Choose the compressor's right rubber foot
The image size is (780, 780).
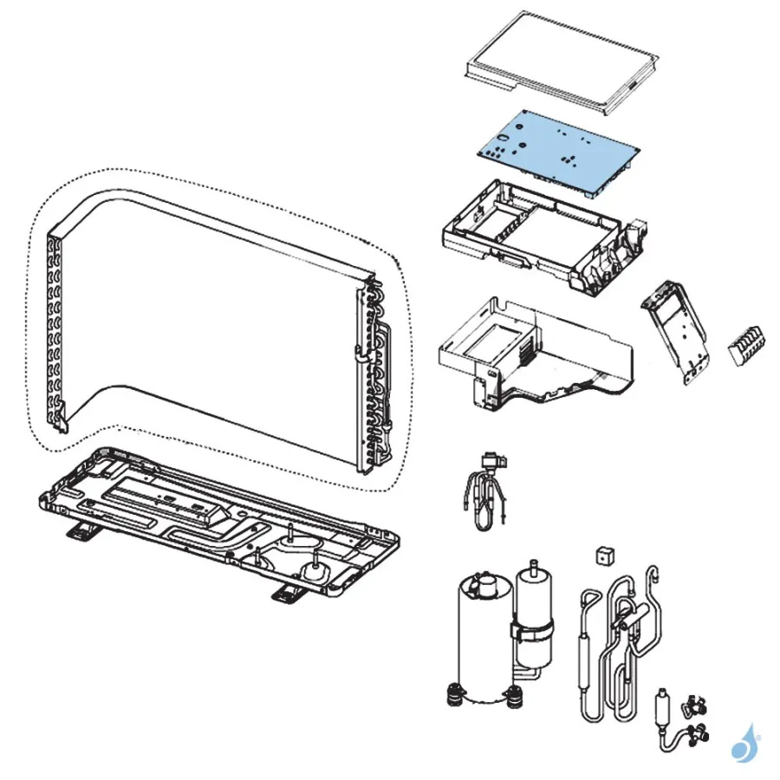tap(516, 695)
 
